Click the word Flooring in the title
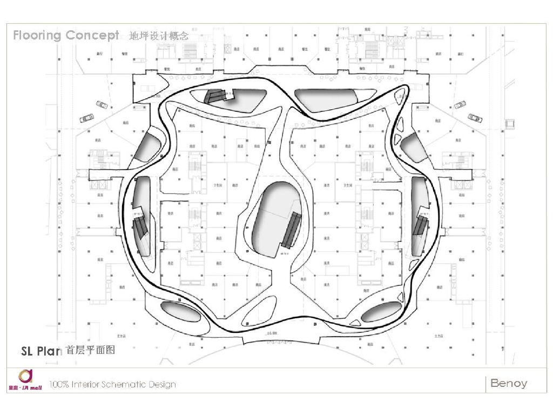coord(37,36)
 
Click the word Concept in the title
coord(92,36)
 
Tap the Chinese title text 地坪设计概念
coord(159,36)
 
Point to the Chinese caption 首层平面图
coord(90,350)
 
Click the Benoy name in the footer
coord(508,383)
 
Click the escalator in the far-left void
coord(140,224)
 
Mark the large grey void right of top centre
coord(327,99)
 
